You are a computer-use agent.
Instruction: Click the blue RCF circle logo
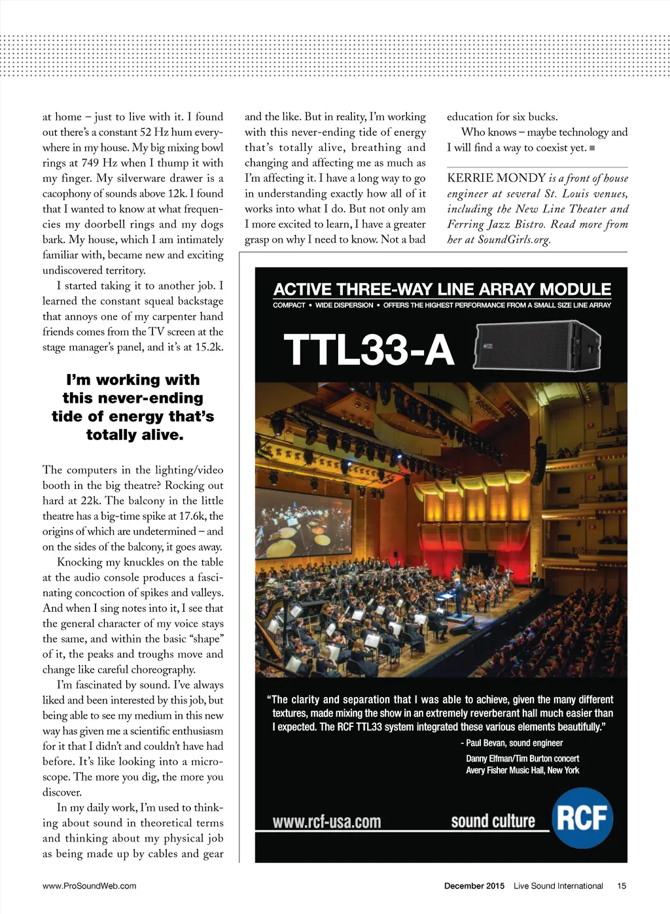coord(582,818)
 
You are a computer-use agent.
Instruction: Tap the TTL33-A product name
coord(368,350)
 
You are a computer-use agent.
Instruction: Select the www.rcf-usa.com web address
coord(326,821)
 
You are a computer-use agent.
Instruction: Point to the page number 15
coord(622,886)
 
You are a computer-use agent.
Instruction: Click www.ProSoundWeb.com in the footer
coord(89,886)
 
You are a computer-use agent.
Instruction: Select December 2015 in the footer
coord(474,886)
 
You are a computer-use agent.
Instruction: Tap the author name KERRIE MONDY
coord(496,178)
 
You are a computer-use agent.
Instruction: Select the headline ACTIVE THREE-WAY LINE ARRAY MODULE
coord(442,289)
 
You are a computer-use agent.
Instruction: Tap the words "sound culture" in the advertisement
coord(493,821)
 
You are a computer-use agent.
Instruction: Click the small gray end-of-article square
coord(592,148)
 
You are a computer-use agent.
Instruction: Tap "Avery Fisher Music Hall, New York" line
coord(522,770)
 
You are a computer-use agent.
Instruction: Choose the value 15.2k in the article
coord(206,347)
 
